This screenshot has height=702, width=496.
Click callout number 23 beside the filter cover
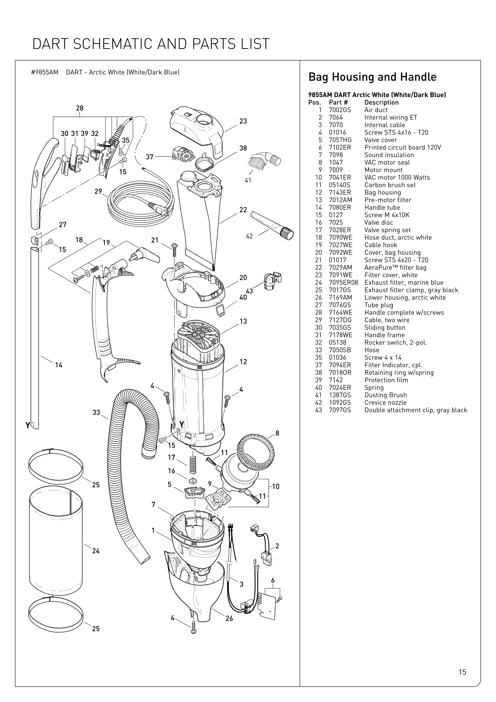click(243, 121)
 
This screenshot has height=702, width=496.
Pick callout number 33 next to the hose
click(96, 412)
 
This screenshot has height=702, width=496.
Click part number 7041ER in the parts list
click(340, 177)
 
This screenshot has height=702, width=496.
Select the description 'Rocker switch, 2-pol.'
click(396, 342)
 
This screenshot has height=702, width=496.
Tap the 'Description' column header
click(381, 102)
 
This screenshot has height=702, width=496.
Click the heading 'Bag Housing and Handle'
click(372, 77)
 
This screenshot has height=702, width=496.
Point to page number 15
click(462, 672)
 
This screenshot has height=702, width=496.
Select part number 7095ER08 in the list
click(343, 282)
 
